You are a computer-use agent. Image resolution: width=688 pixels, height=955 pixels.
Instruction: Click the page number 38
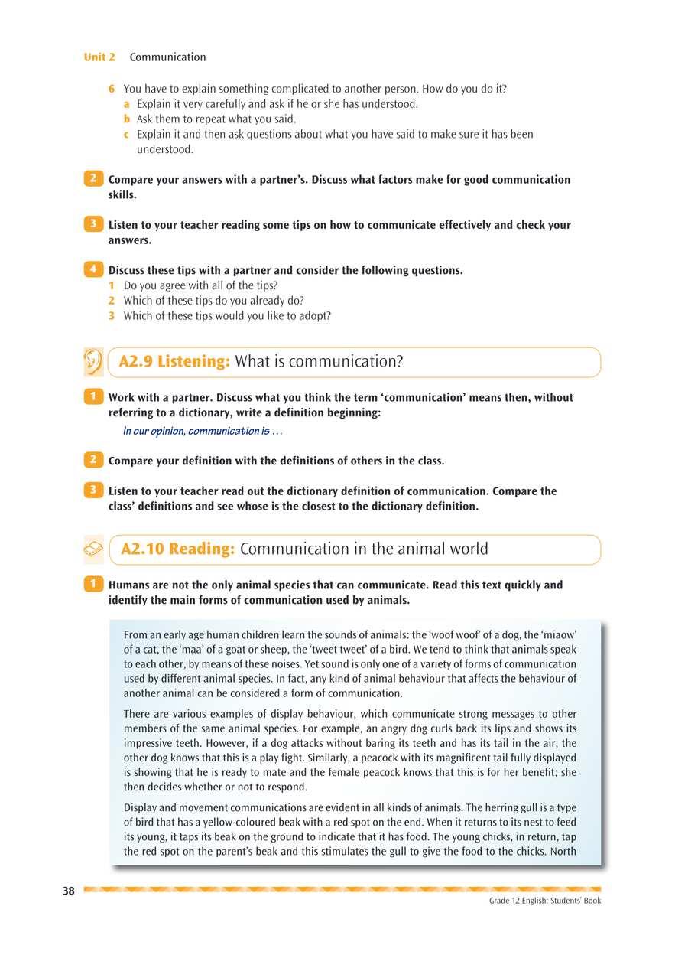(x=69, y=891)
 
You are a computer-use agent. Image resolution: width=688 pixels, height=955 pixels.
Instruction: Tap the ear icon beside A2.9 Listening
(x=92, y=362)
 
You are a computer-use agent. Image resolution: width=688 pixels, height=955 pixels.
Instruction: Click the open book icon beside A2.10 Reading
(x=92, y=549)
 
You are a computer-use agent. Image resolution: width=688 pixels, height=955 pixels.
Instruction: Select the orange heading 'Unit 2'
(x=99, y=57)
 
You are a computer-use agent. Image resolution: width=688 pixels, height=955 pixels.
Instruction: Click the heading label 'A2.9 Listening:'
(x=174, y=362)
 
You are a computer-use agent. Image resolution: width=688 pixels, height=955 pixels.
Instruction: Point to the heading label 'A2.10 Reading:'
(x=178, y=549)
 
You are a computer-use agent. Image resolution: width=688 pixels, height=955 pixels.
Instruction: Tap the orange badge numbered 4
(x=92, y=269)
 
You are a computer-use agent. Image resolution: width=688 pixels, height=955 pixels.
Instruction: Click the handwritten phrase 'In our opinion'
(x=154, y=431)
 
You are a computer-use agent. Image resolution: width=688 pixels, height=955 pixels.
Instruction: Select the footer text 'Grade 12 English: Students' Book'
(x=545, y=901)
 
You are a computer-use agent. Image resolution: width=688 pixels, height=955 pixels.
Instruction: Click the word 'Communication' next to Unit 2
(x=167, y=57)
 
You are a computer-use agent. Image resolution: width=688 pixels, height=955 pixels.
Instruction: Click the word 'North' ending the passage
(x=563, y=852)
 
